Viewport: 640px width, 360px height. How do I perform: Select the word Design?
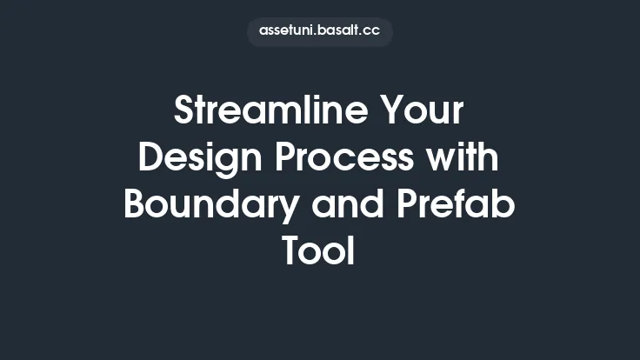point(193,159)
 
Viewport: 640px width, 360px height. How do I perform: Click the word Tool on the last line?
point(319,252)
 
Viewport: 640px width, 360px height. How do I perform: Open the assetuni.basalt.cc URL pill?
point(319,31)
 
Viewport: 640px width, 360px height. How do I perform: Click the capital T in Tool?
point(294,252)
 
